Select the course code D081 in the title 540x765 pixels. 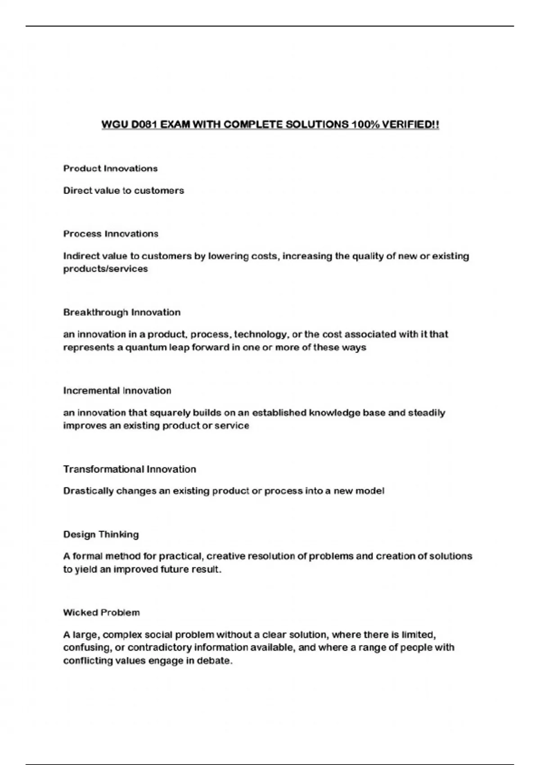143,124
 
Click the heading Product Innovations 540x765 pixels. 110,168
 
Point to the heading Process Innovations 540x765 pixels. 111,234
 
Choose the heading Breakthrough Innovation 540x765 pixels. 121,312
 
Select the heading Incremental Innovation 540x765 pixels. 117,391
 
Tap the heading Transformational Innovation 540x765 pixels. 130,469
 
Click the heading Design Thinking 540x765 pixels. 101,535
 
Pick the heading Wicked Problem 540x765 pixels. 101,612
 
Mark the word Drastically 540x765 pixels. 88,491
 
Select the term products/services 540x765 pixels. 105,269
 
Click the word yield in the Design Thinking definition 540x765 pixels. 85,569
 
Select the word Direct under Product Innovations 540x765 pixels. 76,190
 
